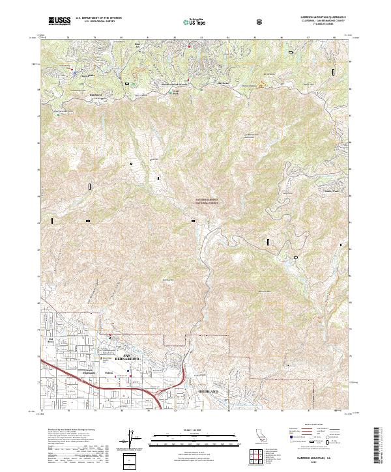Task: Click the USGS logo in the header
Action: tap(59, 21)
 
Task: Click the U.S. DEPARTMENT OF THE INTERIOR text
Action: tap(98, 19)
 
